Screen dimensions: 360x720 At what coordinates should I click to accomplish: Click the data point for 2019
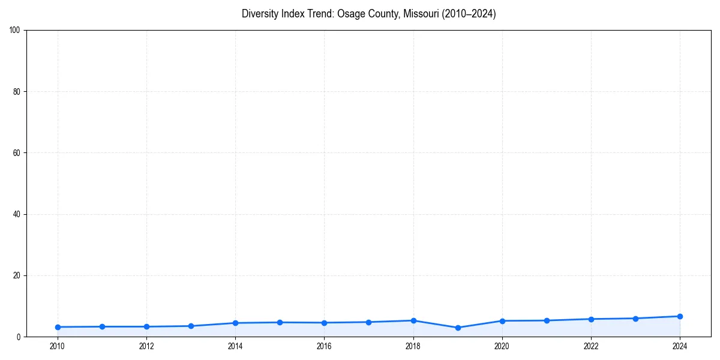tap(458, 328)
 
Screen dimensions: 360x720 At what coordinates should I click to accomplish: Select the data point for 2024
tap(680, 316)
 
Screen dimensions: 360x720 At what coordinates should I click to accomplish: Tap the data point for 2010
tap(58, 327)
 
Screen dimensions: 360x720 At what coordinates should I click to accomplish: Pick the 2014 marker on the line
tap(235, 323)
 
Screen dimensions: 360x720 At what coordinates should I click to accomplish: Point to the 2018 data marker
tap(413, 320)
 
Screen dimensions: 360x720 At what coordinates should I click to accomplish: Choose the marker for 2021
tap(547, 320)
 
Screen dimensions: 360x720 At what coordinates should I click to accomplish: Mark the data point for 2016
tap(324, 323)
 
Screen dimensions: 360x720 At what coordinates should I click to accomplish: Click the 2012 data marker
tap(146, 326)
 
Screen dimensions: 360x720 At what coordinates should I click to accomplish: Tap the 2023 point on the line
tap(635, 319)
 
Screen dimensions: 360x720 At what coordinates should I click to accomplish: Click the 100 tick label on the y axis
tap(15, 31)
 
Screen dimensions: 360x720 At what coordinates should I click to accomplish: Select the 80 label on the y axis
tap(17, 92)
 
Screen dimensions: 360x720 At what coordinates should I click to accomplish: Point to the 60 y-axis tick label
tap(17, 153)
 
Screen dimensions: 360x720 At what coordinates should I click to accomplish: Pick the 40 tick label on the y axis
tap(17, 214)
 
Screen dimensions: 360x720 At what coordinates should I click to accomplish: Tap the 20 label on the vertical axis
tap(17, 275)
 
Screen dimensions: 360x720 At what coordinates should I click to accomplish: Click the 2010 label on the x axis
tap(58, 346)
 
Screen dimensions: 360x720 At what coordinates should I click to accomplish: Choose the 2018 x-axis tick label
tap(413, 346)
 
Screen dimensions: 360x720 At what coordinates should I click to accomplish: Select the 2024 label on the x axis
tap(680, 346)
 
